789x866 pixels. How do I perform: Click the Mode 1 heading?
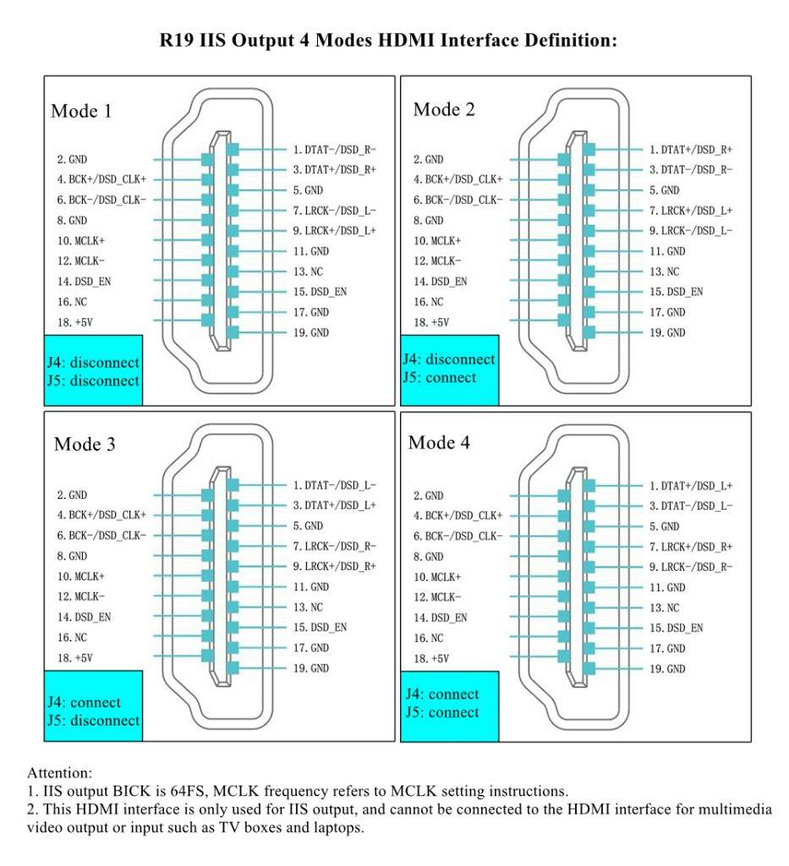tap(81, 111)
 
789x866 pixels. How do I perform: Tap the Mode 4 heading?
tap(439, 442)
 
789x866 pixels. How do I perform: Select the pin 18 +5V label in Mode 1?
tap(74, 322)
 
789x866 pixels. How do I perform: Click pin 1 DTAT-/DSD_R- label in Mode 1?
tap(334, 149)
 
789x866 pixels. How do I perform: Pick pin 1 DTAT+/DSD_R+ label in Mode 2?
tap(691, 149)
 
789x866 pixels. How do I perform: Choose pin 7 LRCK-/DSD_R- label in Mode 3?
tap(334, 545)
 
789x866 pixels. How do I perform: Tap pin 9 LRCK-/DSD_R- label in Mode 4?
tap(691, 567)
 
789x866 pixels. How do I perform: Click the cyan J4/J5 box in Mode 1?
tap(93, 371)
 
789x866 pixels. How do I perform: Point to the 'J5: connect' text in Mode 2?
tap(440, 377)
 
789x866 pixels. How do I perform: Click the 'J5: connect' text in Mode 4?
tap(441, 712)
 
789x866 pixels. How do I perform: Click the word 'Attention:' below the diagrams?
tap(59, 772)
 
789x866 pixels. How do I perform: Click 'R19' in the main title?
tap(178, 40)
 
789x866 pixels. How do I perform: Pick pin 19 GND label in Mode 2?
tap(667, 332)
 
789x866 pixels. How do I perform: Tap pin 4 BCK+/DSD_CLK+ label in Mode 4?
tap(458, 515)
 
